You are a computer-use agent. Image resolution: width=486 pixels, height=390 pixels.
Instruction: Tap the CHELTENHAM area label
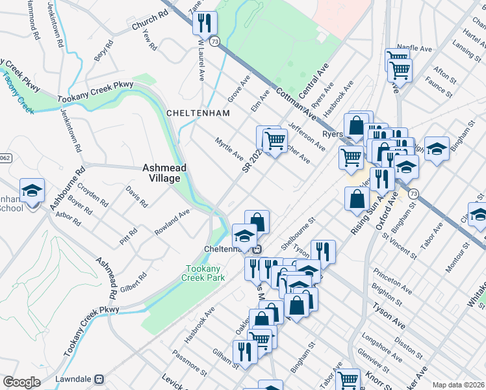point(198,113)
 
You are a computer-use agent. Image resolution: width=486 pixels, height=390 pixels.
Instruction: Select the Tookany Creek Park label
point(205,273)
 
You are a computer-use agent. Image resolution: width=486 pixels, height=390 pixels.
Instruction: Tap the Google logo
point(21,382)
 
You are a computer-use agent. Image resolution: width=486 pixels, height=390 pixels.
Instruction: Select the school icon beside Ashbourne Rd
point(32,190)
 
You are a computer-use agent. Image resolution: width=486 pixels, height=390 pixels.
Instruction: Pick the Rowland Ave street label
point(172,222)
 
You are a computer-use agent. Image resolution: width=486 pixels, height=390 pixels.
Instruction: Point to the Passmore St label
point(190,363)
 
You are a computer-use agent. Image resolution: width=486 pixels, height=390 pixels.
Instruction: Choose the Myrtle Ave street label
point(229,149)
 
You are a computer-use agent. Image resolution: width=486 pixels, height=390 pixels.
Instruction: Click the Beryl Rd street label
point(103,49)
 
